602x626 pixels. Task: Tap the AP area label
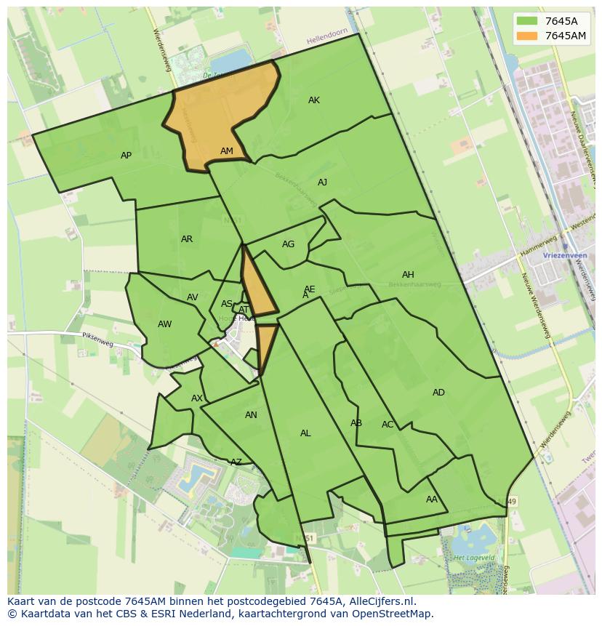point(126,156)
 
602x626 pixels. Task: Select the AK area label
point(313,100)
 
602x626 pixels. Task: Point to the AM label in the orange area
point(227,151)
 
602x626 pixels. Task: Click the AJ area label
point(322,182)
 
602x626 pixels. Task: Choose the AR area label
point(187,239)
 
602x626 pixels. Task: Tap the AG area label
point(288,244)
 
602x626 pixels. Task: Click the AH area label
point(408,275)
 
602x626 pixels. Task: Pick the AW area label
point(165,324)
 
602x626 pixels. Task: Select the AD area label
point(438,393)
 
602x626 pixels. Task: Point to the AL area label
point(305,433)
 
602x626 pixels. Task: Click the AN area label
point(251,415)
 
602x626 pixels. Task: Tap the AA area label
point(432,499)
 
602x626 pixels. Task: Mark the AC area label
point(388,425)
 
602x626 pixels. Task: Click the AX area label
point(197,398)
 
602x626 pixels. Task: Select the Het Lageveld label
point(471,558)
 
